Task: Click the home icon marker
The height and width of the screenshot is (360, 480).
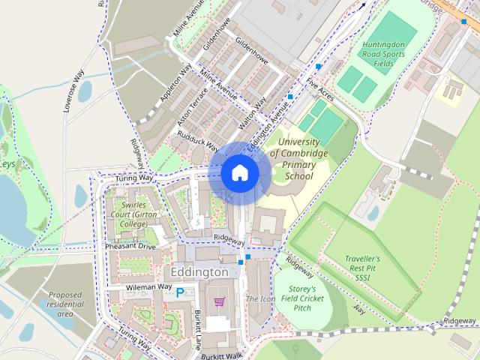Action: coord(239,173)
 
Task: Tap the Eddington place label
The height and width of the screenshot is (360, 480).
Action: coord(199,271)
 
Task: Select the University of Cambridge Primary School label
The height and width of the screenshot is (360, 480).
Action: coord(303,158)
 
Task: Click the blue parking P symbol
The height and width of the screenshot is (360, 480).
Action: coord(180,295)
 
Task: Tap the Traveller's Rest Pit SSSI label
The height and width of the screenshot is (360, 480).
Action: coord(368,268)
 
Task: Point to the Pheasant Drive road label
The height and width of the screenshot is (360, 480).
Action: coord(130,245)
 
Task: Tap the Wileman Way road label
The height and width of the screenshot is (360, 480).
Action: coord(148,286)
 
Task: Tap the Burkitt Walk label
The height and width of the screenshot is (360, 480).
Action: coord(221,355)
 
